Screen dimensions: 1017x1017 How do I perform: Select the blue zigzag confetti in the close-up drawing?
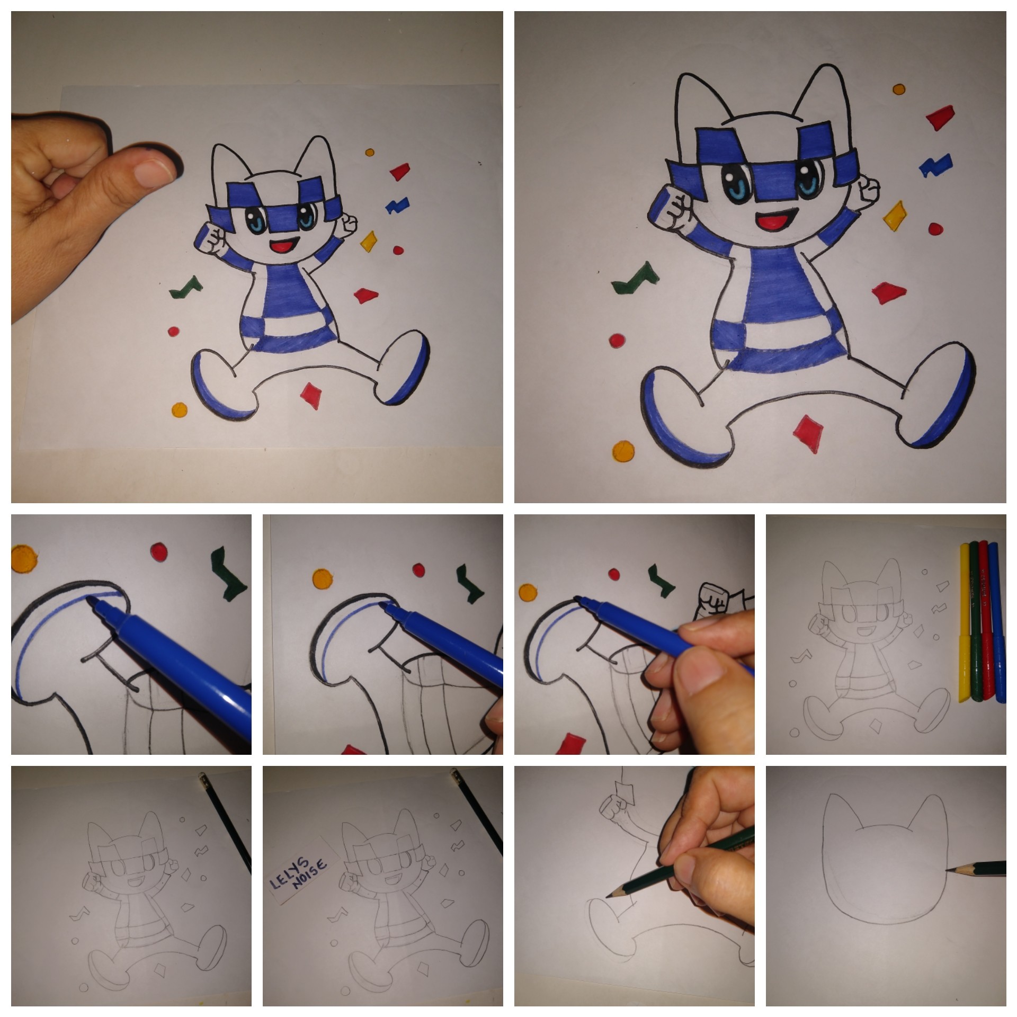(935, 165)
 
